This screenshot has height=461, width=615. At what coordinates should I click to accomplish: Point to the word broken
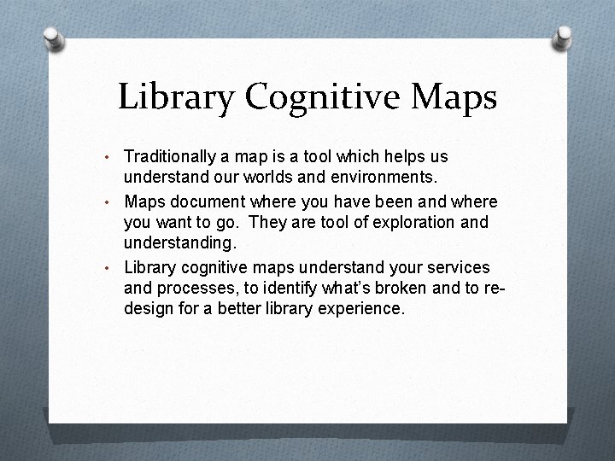[x=403, y=289]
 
